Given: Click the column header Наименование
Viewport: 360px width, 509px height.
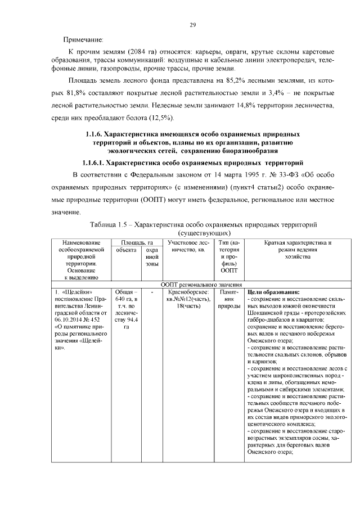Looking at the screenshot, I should pos(77,242).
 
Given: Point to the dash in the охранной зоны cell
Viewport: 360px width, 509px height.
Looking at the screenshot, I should pos(151,292).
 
